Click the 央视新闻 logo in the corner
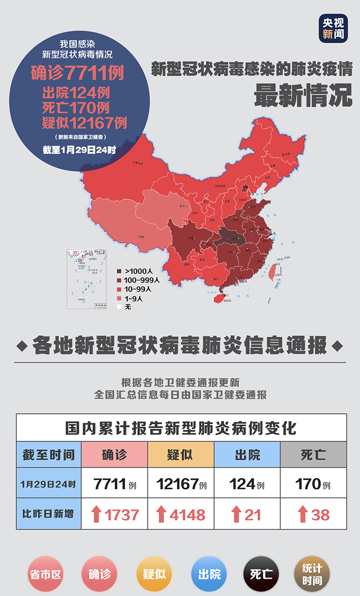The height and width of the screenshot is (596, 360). click(333, 28)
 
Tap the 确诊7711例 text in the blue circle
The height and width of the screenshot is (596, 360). click(77, 74)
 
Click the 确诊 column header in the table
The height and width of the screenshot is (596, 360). click(114, 455)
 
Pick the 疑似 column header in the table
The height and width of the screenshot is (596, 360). click(181, 455)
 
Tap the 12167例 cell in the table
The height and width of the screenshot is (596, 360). click(181, 484)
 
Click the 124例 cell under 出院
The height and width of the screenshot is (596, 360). click(247, 484)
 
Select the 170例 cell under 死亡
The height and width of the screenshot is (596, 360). click(313, 484)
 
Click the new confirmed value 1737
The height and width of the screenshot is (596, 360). click(121, 514)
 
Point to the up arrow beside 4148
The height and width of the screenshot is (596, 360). click(161, 514)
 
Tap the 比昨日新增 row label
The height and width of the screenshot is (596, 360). click(48, 514)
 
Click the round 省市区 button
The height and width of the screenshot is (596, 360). click(45, 573)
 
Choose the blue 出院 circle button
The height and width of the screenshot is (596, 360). click(209, 573)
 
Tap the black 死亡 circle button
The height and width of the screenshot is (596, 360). click(261, 573)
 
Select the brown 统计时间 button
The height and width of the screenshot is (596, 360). click(312, 573)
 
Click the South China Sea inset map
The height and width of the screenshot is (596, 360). click(87, 279)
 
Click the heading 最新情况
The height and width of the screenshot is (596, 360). click(303, 95)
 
